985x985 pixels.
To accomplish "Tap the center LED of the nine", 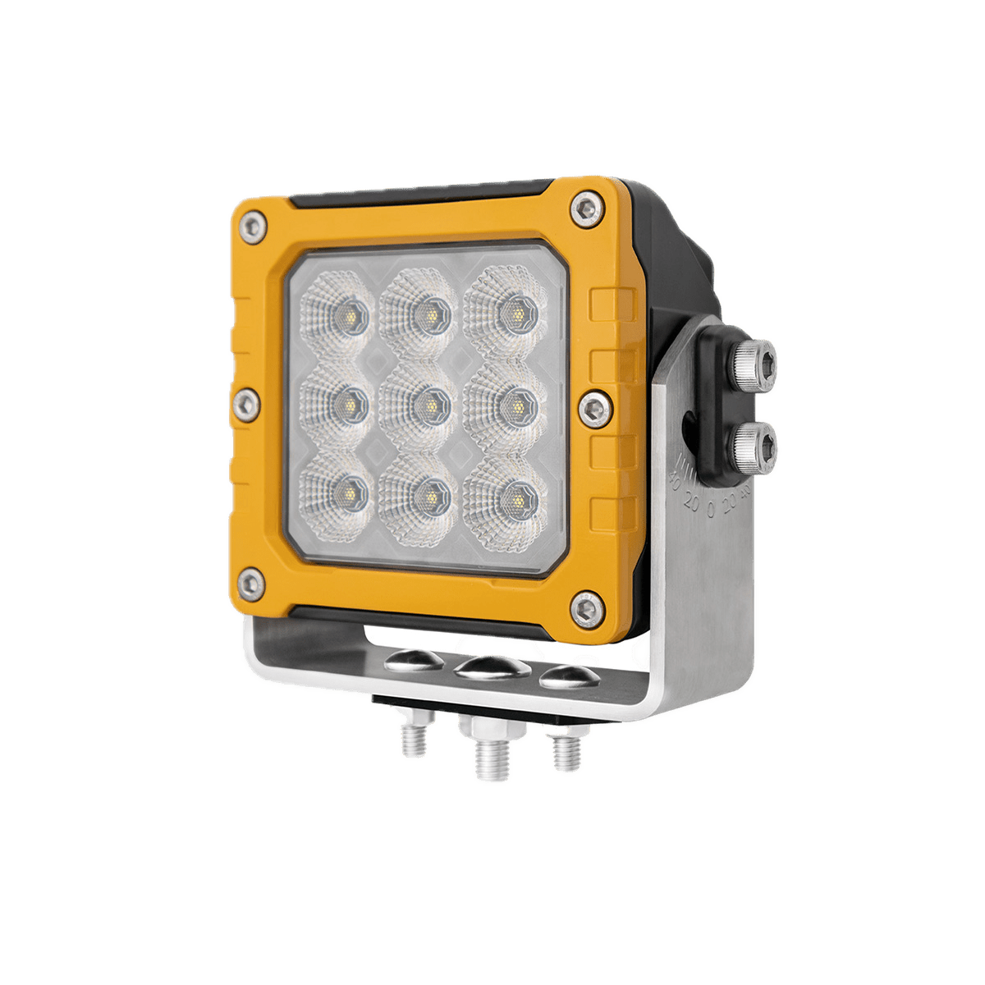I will point(427,403).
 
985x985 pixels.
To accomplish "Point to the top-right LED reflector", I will point(513,313).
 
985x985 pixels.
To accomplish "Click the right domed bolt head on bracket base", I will point(568,676).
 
